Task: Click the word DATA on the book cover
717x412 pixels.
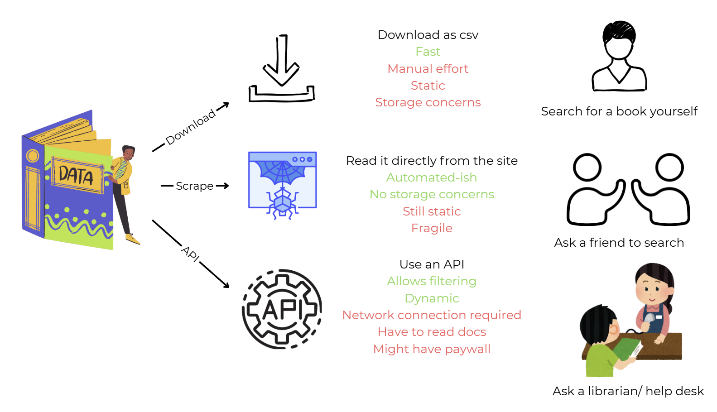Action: tap(76, 175)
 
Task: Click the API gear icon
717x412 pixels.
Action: tap(282, 309)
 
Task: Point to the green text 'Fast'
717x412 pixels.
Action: tap(428, 52)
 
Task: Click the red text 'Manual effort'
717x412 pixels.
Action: tap(428, 68)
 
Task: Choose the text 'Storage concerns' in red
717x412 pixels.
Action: tap(428, 102)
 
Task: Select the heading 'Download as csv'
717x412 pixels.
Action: tap(428, 34)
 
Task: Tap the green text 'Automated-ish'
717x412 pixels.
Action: tap(432, 177)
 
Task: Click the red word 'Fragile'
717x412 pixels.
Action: tap(432, 228)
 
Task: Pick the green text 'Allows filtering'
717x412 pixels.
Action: tap(432, 281)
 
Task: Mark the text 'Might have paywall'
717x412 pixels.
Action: tap(432, 349)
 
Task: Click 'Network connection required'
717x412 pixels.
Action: tap(432, 315)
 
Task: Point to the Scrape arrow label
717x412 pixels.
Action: tap(195, 186)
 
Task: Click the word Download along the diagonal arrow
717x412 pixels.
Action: tap(190, 127)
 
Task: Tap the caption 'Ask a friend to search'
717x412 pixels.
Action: tap(619, 243)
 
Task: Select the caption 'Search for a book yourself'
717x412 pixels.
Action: tap(619, 111)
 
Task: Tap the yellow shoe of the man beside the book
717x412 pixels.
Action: tap(133, 239)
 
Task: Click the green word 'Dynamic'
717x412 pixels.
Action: tap(432, 298)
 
